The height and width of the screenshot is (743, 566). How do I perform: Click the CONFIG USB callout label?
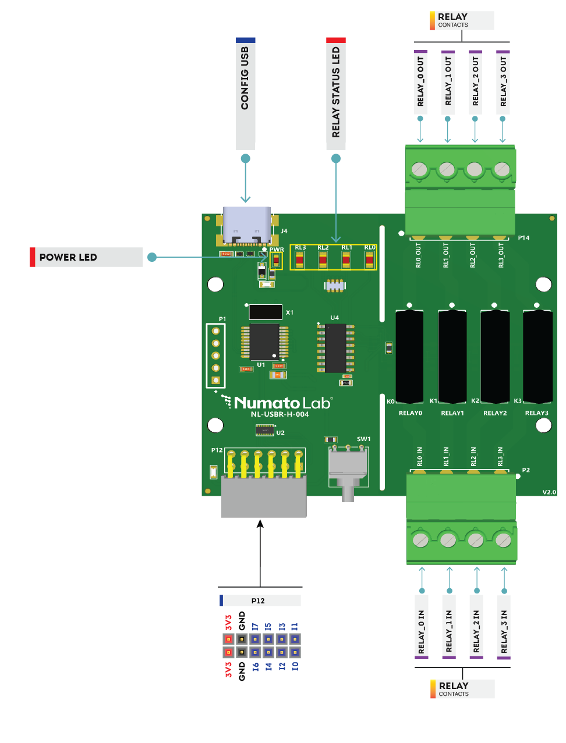tap(245, 94)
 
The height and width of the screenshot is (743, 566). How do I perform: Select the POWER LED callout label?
tap(86, 257)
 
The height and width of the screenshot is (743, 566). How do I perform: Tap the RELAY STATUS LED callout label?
tap(336, 94)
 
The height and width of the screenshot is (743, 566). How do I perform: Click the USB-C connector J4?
tap(246, 226)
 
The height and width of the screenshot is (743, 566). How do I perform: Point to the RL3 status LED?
tap(300, 260)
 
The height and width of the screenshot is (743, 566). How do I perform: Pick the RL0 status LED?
tap(369, 260)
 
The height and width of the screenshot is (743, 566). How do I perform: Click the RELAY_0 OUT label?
tap(420, 81)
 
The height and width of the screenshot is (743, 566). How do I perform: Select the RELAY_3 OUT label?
tap(503, 81)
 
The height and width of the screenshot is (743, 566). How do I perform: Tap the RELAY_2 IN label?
tap(476, 627)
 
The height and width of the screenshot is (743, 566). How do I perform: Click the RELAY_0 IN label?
tap(422, 627)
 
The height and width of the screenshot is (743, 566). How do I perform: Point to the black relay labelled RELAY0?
tap(409, 356)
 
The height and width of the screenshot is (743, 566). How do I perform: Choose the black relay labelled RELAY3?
tap(537, 356)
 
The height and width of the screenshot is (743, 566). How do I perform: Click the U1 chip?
tap(264, 342)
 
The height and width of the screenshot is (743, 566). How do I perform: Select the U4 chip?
tap(335, 348)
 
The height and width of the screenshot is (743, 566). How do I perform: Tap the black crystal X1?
tap(266, 312)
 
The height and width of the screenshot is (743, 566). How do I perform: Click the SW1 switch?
tap(348, 468)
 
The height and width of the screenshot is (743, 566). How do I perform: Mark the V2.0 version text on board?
tap(549, 492)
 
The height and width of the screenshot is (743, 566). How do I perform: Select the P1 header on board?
tap(215, 355)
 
